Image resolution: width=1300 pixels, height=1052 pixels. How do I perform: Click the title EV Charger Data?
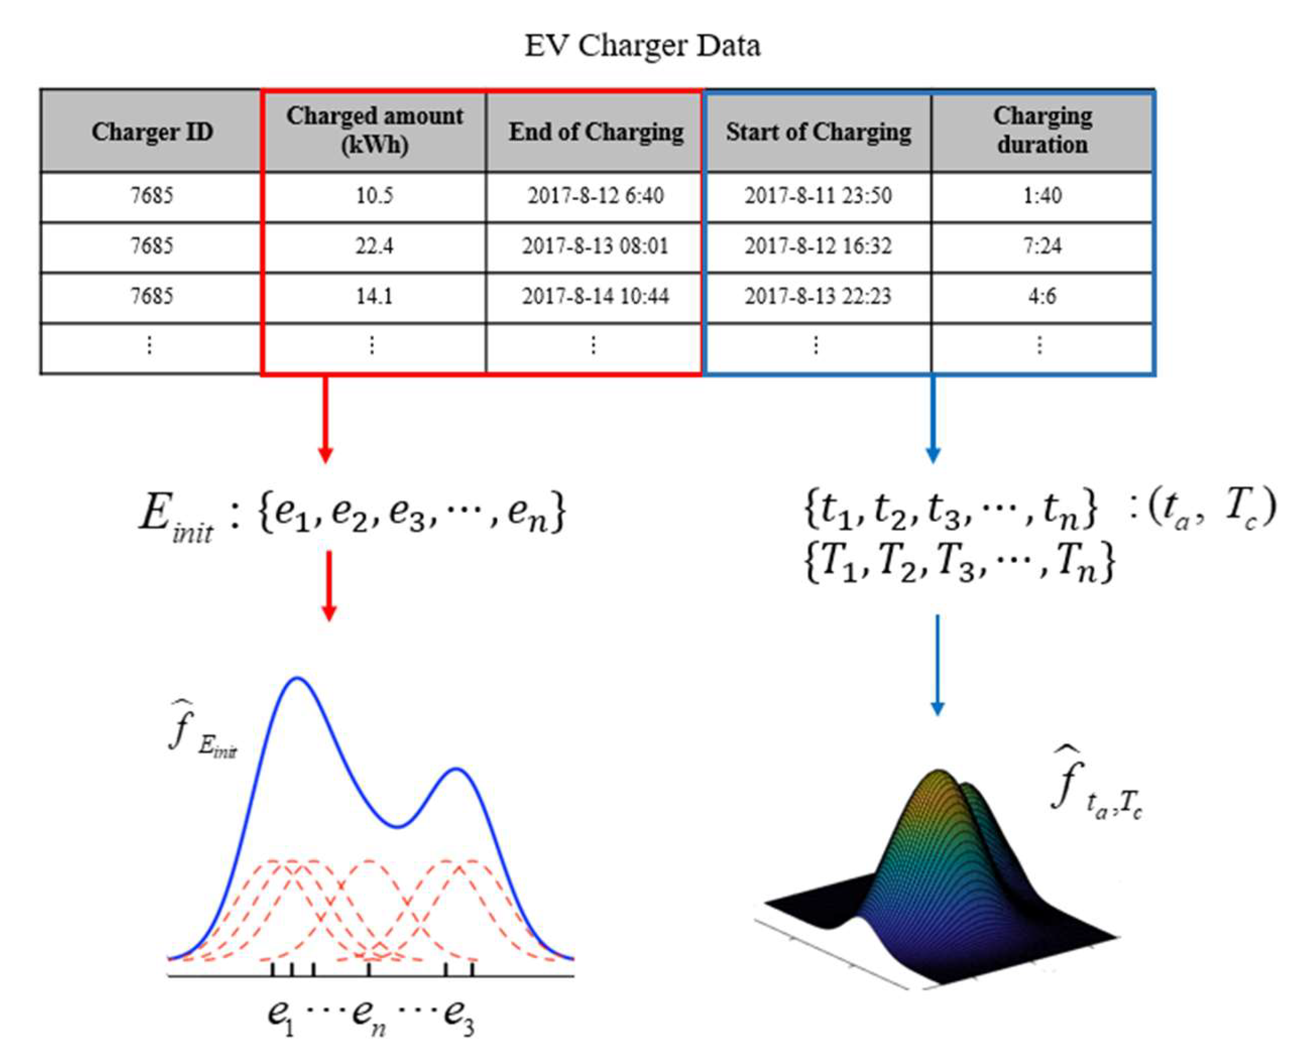coord(642,46)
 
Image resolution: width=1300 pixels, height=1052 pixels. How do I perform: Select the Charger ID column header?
coord(152,131)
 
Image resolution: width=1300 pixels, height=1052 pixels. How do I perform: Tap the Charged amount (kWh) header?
coord(374,130)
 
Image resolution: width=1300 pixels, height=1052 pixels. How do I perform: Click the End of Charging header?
coord(596,131)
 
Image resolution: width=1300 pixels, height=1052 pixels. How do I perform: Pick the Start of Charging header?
coord(818,131)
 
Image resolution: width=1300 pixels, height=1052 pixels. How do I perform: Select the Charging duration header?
coord(1042,130)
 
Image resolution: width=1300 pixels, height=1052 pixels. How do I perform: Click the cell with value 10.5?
coord(374,196)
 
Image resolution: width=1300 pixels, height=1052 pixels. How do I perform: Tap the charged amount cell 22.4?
coord(374,246)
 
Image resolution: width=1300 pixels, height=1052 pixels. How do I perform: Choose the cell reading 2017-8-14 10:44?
coord(596,297)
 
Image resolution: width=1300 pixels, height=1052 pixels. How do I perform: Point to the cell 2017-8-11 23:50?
coord(818,196)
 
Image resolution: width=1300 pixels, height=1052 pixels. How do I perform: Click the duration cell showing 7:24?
coord(1042,246)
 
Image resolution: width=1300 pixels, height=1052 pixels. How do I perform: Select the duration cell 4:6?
coord(1042,297)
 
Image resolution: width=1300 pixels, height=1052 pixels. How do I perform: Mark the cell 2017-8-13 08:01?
coord(596,246)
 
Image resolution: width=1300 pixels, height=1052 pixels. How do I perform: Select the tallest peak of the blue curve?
coord(297,679)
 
